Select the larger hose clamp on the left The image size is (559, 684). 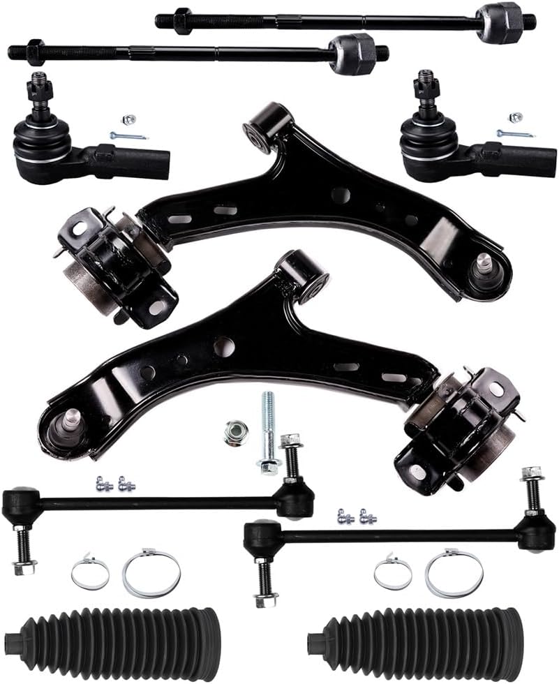click(x=151, y=574)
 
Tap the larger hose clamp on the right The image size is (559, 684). click(x=454, y=574)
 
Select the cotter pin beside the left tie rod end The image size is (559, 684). click(x=128, y=135)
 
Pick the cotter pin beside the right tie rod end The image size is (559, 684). click(x=515, y=133)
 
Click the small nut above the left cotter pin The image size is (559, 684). click(x=128, y=119)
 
